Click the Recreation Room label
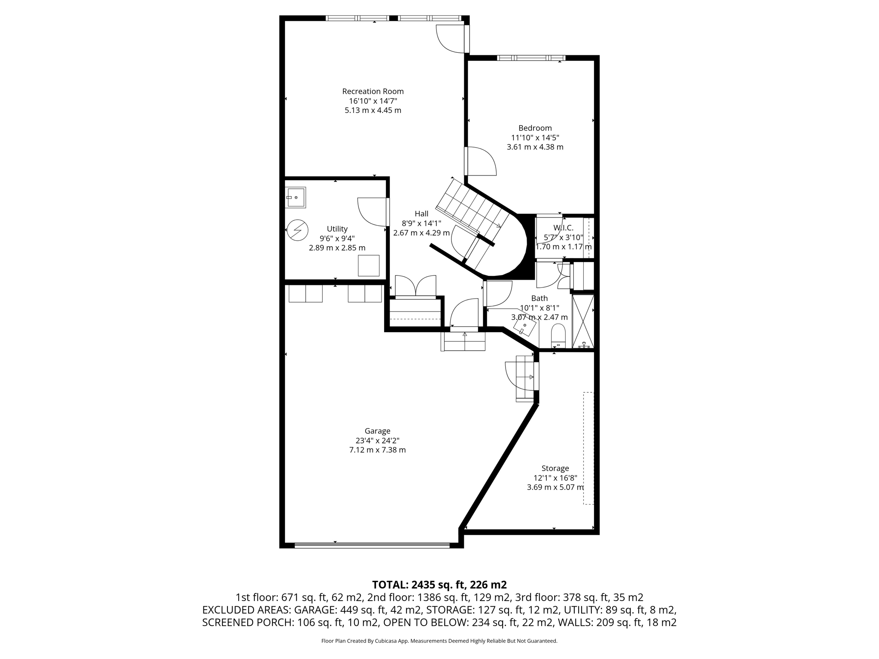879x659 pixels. (x=373, y=91)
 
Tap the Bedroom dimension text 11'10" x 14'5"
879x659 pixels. (x=535, y=138)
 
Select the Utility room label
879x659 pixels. (x=337, y=229)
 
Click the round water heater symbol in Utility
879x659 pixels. (x=297, y=230)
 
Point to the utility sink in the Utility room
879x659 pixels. (x=296, y=197)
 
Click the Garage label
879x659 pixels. (x=377, y=431)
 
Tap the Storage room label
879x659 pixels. (x=555, y=468)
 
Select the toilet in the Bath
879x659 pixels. (x=558, y=336)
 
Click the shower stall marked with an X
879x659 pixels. (x=583, y=321)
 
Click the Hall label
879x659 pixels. (x=421, y=214)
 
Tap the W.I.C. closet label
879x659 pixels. (x=563, y=228)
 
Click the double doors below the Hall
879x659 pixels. (x=415, y=286)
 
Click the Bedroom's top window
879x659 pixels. (x=531, y=58)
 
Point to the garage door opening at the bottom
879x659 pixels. (x=372, y=545)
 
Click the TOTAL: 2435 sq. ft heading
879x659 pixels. (x=439, y=584)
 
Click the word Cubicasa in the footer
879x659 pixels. (x=386, y=641)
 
